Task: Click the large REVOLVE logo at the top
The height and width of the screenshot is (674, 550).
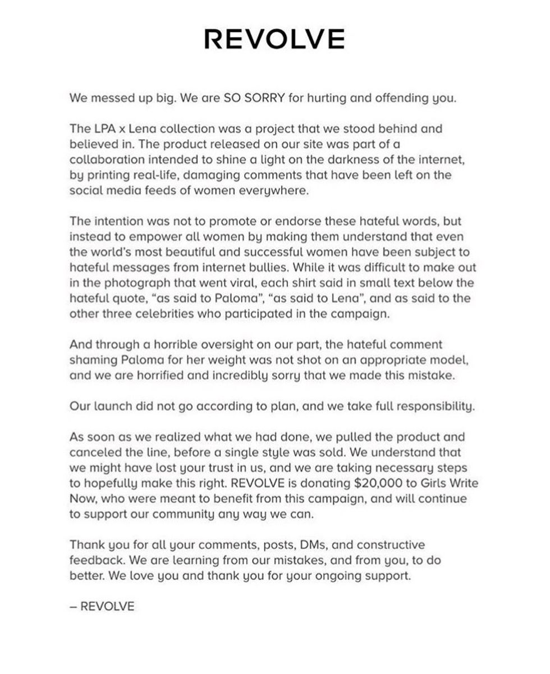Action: point(274,39)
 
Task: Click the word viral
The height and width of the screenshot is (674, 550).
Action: point(254,283)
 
